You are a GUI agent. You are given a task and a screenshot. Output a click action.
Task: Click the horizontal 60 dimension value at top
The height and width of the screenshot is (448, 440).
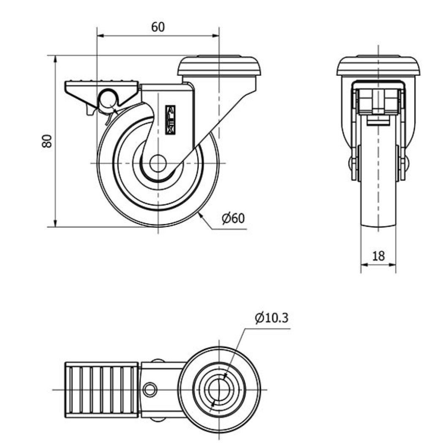[x=158, y=27]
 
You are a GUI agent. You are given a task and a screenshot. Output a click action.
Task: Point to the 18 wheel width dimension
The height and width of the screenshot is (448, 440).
[x=379, y=256]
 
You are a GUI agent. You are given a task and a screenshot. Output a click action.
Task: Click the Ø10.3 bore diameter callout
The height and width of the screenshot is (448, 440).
[x=272, y=318]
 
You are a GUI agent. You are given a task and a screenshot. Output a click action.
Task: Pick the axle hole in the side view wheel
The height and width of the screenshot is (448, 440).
[x=158, y=164]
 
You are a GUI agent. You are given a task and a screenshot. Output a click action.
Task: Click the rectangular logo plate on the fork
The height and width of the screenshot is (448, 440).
[x=170, y=120]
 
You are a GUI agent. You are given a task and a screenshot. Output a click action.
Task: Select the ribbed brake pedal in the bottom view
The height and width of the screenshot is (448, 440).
[x=102, y=389]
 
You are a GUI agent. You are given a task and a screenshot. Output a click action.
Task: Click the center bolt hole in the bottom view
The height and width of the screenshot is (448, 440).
[x=220, y=389]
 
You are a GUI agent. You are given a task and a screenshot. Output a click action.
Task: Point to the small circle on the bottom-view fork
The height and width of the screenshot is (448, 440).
[x=150, y=389]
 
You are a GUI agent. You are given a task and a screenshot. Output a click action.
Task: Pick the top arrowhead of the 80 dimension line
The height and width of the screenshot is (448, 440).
[x=55, y=59]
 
